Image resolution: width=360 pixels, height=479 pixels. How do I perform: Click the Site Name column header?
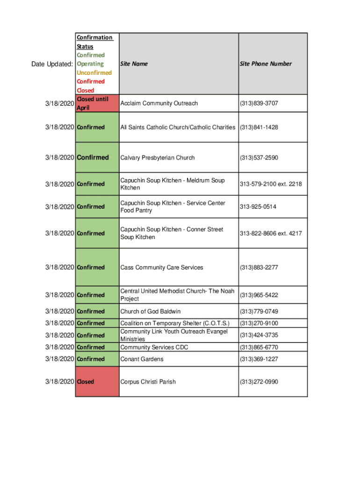(x=134, y=64)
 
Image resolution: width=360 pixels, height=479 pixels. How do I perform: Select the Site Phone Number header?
(x=266, y=64)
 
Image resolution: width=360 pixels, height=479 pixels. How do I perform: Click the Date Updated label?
(x=52, y=64)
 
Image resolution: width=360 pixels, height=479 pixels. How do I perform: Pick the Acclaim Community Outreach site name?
(x=159, y=103)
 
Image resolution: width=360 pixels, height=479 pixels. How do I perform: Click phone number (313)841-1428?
(x=259, y=127)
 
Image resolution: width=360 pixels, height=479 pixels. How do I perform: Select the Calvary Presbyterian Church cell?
(x=158, y=158)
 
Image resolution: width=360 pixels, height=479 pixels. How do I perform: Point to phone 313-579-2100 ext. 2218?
(x=271, y=184)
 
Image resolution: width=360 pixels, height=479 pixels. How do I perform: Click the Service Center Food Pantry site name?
(x=173, y=207)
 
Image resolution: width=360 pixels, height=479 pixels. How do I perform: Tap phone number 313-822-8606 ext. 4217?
(x=271, y=233)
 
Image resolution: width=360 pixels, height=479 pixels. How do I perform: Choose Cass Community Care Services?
(x=162, y=268)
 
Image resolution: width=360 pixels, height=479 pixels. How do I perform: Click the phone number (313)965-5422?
(x=259, y=295)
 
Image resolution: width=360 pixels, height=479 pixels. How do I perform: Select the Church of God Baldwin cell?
(x=151, y=312)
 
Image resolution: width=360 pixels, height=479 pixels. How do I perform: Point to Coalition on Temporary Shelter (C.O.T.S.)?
(x=175, y=323)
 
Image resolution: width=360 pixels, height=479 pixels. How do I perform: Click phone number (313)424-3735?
(x=259, y=335)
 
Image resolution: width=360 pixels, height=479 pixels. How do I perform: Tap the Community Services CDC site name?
(x=154, y=348)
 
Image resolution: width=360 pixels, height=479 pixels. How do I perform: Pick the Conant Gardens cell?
(x=142, y=359)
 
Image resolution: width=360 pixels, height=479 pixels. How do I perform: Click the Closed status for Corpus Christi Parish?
(x=86, y=382)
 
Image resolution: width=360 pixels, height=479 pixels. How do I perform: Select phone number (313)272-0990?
(x=259, y=382)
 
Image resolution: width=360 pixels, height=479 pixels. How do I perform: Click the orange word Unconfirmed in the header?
(x=94, y=73)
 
